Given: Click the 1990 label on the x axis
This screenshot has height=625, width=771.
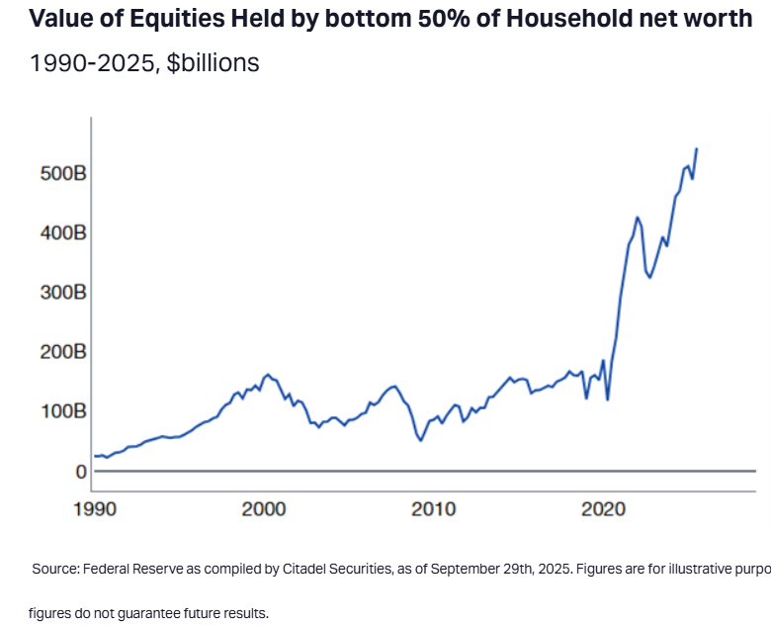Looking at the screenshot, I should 94,509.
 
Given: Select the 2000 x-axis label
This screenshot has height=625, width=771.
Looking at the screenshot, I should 264,509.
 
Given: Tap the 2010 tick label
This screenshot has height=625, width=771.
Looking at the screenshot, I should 434,509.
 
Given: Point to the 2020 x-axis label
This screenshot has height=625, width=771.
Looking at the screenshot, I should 603,509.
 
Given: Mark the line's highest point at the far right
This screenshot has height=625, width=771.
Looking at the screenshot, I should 697,148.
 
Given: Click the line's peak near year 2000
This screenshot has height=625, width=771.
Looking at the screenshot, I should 268,375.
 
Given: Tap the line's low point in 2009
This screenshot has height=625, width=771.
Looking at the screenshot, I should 421,440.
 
